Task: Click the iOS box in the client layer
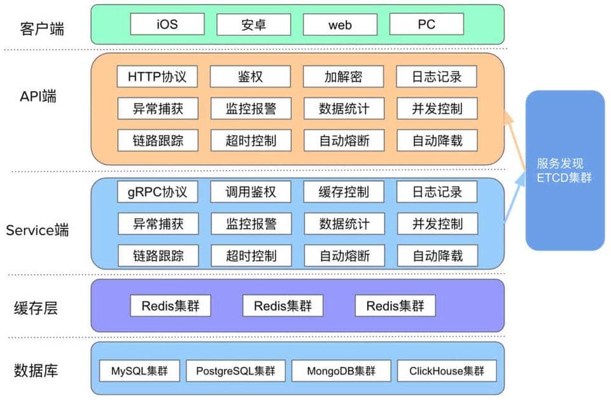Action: pyautogui.click(x=167, y=25)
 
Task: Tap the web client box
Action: pyautogui.click(x=340, y=25)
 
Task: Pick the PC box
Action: pyautogui.click(x=426, y=25)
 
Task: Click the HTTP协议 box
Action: pyautogui.click(x=157, y=77)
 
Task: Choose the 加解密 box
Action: pyautogui.click(x=343, y=77)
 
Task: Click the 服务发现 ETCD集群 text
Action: pyautogui.click(x=564, y=170)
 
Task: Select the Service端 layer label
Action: pyautogui.click(x=38, y=230)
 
